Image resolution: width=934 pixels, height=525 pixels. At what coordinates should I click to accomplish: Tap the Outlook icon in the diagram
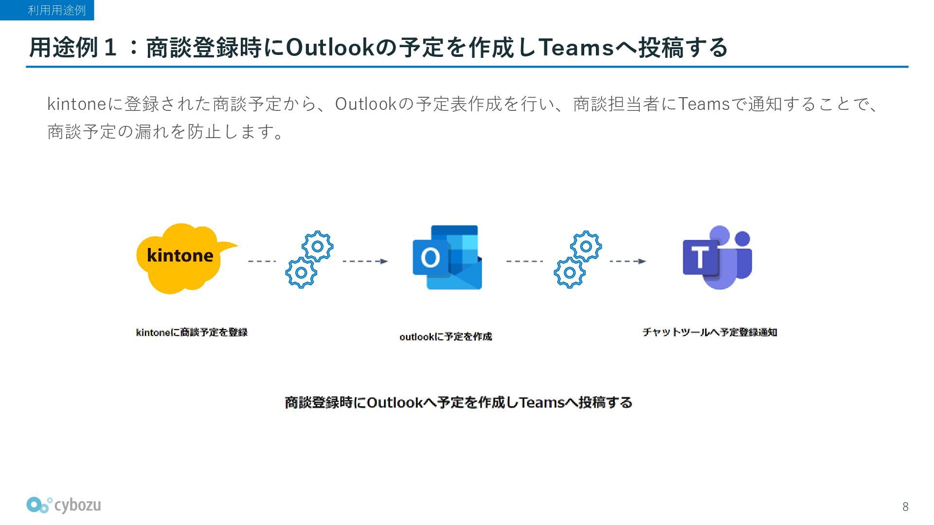tap(447, 258)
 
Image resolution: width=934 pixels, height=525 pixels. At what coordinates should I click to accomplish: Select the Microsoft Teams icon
tap(718, 258)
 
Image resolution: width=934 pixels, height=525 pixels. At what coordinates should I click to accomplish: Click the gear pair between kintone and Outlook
tap(309, 260)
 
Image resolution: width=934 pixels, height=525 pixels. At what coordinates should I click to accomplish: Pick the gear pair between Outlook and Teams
tap(578, 260)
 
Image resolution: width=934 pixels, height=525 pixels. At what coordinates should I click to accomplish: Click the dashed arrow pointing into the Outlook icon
tap(365, 261)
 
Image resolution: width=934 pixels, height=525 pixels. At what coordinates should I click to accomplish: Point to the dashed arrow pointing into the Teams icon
tap(628, 261)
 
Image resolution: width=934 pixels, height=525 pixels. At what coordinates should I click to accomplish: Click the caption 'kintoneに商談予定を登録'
tap(192, 332)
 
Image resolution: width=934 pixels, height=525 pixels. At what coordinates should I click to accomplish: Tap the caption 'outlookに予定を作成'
tap(446, 336)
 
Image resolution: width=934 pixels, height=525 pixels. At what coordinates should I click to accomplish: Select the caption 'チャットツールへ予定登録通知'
tap(710, 332)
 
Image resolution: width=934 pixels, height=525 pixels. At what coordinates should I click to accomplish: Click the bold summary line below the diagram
tap(458, 402)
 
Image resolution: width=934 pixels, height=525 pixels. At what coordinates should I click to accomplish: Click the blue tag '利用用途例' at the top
tap(56, 10)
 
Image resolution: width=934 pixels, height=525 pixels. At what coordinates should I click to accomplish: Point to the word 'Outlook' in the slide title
tap(331, 48)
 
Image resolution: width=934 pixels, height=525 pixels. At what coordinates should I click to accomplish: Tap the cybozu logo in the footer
tap(64, 506)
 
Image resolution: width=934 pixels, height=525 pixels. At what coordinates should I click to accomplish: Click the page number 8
tap(905, 507)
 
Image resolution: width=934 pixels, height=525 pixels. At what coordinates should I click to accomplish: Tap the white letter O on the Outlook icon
tap(430, 257)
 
